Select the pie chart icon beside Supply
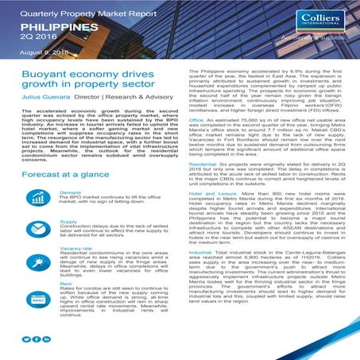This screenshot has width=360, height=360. coord(38,231)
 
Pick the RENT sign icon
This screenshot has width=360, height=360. coord(38,300)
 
